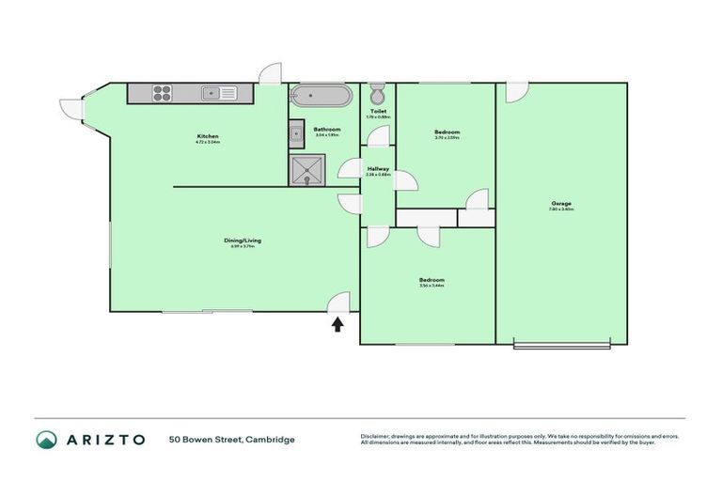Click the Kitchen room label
tap(208, 136)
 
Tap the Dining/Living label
tap(243, 240)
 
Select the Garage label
tap(562, 204)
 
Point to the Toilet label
tap(378, 112)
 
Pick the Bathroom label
tap(326, 129)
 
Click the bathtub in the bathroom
tap(322, 95)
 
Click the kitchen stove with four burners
tap(161, 93)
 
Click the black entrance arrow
tap(337, 324)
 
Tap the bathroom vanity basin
tap(296, 134)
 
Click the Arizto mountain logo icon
tap(46, 440)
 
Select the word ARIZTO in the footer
tap(105, 440)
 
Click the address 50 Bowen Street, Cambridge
tap(232, 440)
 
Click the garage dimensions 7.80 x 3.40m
tap(562, 210)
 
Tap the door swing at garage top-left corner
tap(516, 92)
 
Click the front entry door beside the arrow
tap(339, 303)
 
